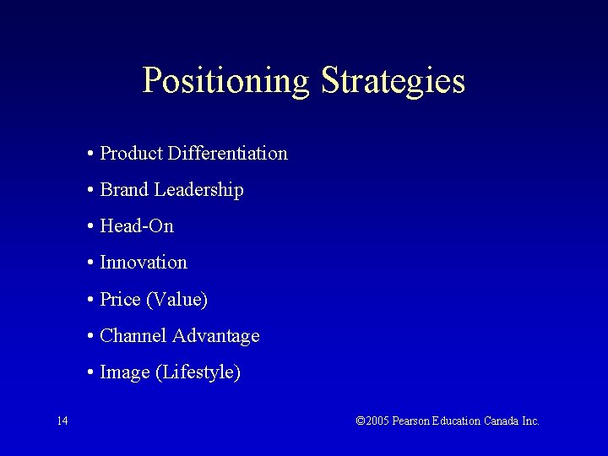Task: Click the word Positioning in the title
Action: tap(226, 81)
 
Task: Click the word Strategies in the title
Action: tap(393, 81)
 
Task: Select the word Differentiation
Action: tap(227, 154)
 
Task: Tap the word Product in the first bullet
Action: tap(131, 154)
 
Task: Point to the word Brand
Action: tap(124, 190)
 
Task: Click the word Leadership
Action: tap(198, 190)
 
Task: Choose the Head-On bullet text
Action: tap(137, 226)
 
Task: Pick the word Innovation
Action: tap(144, 263)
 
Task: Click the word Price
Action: tap(119, 299)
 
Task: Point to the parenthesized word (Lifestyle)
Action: tap(198, 372)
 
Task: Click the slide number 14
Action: tap(62, 421)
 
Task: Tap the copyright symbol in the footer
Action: tap(361, 421)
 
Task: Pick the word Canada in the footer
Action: tap(502, 421)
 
